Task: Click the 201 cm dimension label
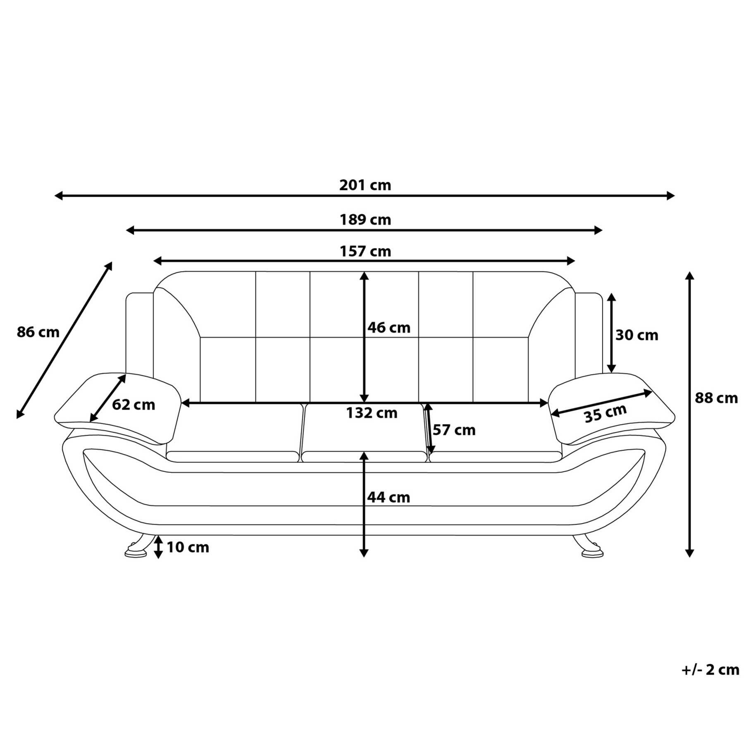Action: pos(365,185)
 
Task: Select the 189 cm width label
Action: pos(365,219)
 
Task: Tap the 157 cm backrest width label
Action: pos(365,251)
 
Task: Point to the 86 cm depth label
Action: pos(38,332)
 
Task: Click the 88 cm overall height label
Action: pos(716,398)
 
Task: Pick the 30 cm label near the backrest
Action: pos(637,335)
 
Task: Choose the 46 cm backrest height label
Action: pos(389,328)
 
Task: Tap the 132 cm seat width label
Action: pos(372,413)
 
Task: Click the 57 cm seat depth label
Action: pos(454,430)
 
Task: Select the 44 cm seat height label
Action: pos(389,497)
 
